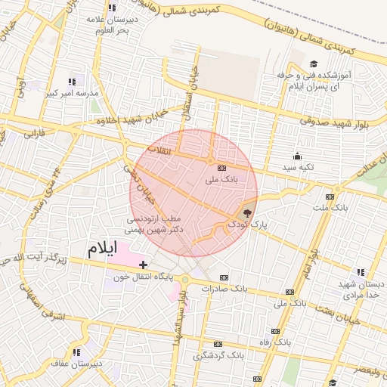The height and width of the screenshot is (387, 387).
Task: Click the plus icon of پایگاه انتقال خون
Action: point(143,265)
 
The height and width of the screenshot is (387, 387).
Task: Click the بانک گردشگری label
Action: point(219,354)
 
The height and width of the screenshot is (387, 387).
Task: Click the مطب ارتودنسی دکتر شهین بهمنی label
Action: point(155,222)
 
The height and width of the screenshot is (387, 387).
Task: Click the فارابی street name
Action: point(36,135)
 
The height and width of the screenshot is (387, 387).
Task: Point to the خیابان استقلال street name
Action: point(190,98)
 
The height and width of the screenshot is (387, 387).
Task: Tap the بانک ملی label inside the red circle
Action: point(221,181)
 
